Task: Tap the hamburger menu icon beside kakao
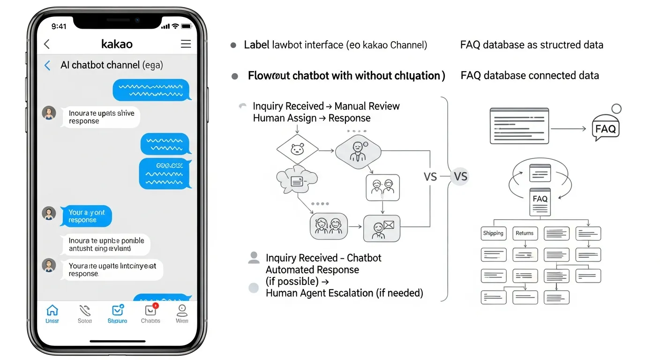coord(186,44)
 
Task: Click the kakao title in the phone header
coord(117,44)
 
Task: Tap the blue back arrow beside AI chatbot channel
coord(47,66)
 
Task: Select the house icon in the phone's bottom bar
coord(52,310)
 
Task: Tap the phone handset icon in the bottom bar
coord(85,310)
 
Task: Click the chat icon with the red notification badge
coord(150,310)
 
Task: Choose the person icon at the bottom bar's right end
coord(182,310)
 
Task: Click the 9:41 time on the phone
coord(59,26)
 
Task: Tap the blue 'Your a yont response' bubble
coord(87,216)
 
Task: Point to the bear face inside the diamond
coord(297,150)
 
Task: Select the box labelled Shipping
coord(493,233)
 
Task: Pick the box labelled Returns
coord(525,233)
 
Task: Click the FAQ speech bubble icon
coord(605,128)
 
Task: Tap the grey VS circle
coord(460,177)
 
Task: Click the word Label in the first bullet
coord(257,45)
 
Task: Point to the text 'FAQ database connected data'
coord(530,75)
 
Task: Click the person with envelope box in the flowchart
coord(382,228)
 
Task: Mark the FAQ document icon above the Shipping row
coord(540,202)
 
